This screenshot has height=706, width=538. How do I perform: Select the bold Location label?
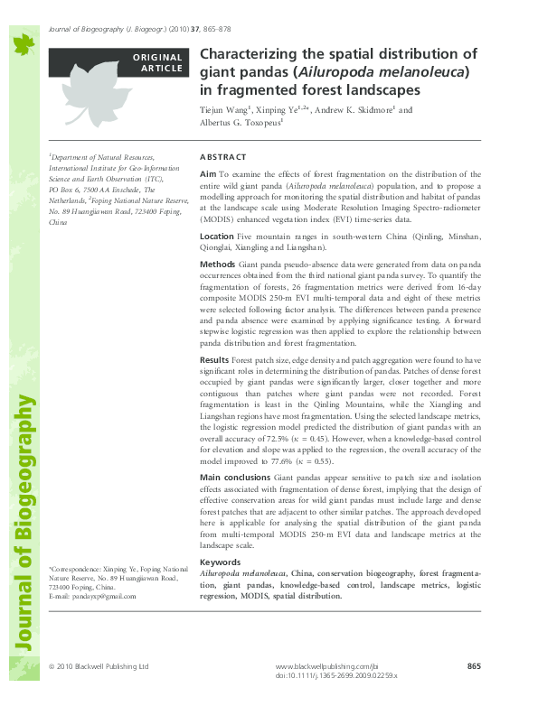pyautogui.click(x=216, y=236)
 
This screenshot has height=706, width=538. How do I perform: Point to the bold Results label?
pyautogui.click(x=214, y=359)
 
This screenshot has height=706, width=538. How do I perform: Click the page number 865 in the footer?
pyautogui.click(x=474, y=666)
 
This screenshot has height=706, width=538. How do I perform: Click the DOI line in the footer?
pyautogui.click(x=340, y=675)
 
